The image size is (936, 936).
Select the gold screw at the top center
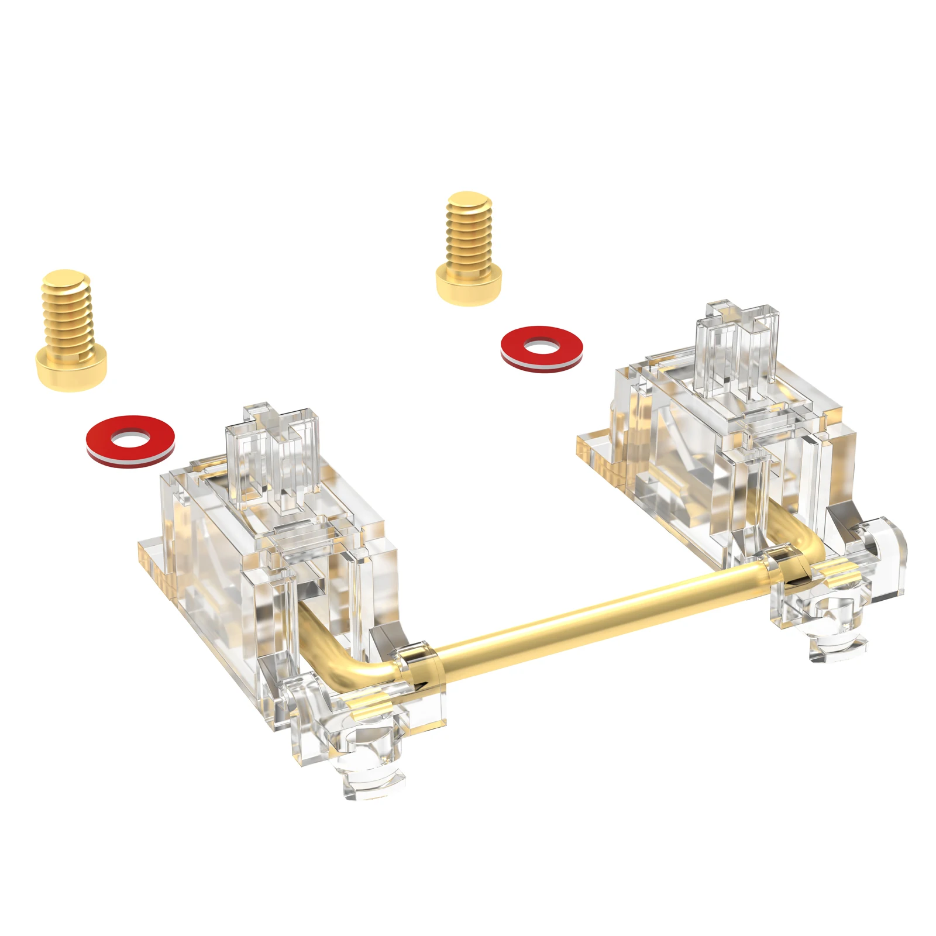468,249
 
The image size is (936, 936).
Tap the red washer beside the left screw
130,442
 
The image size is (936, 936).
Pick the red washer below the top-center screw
542,349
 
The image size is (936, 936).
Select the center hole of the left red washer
130,439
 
